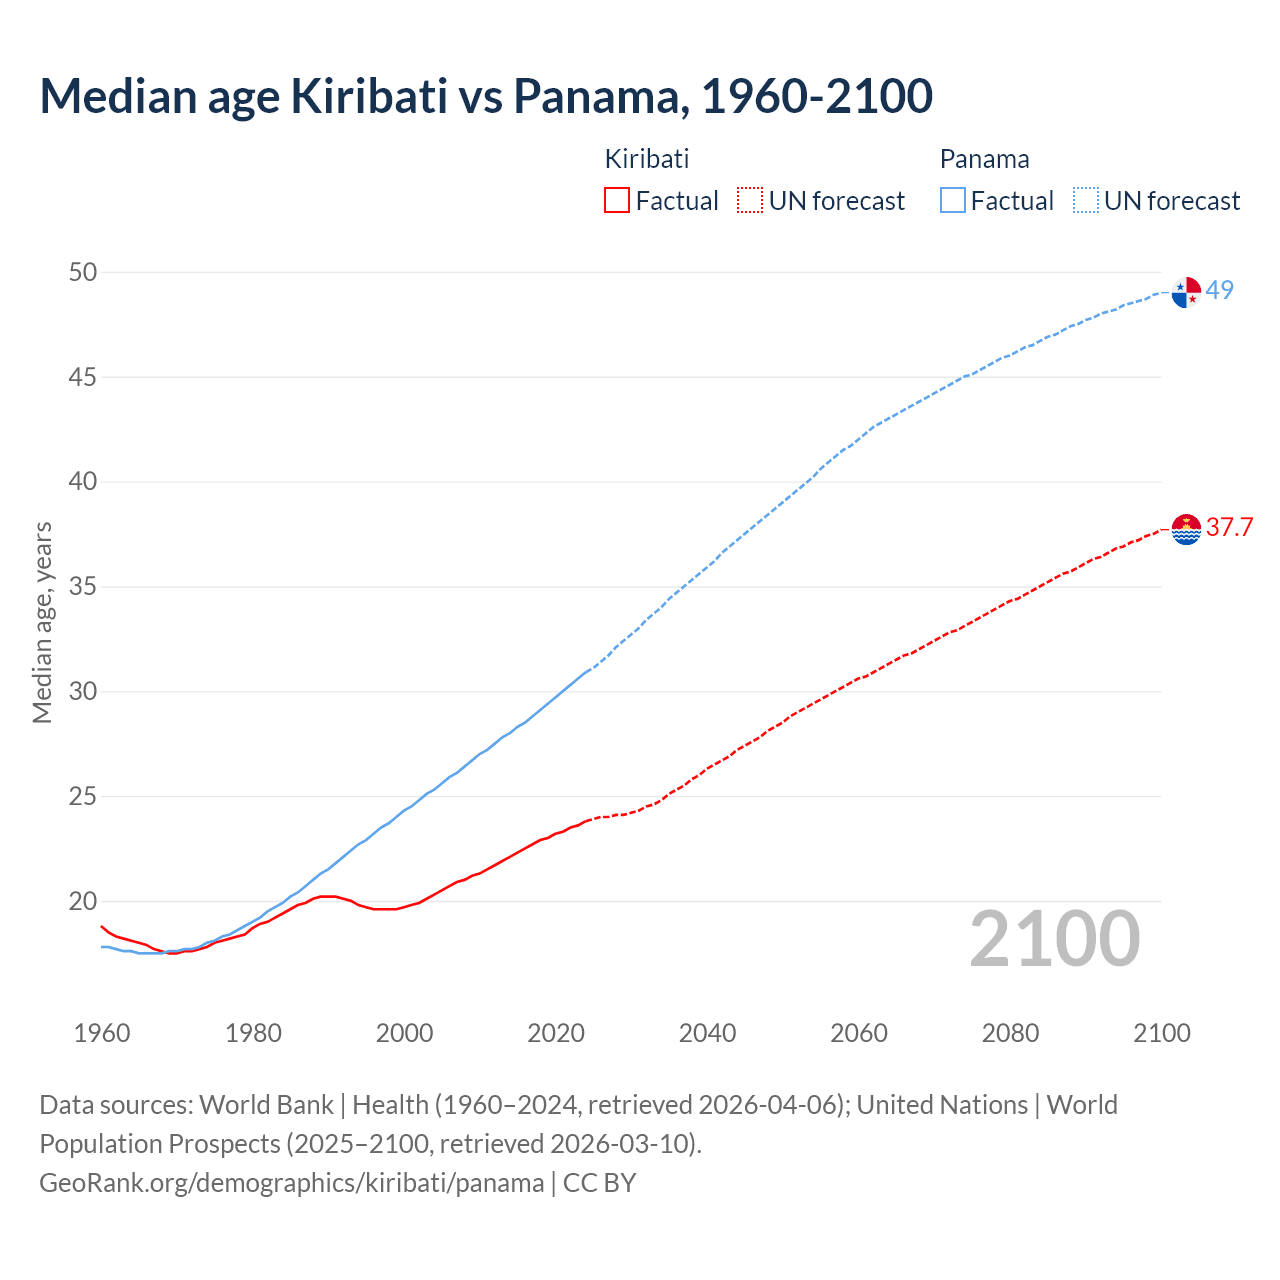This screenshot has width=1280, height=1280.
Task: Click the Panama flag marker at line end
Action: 1186,292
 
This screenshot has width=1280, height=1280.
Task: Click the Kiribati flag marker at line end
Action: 1186,529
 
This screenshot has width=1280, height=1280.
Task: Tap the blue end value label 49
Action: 1220,290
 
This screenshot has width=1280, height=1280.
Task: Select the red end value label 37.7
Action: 1229,527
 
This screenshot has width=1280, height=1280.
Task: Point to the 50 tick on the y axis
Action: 83,273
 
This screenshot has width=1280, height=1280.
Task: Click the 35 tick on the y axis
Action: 83,587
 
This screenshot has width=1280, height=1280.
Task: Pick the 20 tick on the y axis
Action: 83,901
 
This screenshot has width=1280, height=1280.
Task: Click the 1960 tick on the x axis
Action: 102,1033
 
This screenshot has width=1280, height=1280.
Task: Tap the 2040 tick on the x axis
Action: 707,1033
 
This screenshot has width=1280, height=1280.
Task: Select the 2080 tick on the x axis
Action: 1010,1033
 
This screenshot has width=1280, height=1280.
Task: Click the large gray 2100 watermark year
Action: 1054,939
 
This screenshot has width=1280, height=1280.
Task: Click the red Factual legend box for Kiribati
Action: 617,201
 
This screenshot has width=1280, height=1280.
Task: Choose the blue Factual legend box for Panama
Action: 952,201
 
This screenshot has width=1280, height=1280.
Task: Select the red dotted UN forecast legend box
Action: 750,201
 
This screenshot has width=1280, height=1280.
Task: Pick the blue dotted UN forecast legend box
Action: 1085,201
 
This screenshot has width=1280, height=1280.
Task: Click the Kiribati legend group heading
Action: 647,159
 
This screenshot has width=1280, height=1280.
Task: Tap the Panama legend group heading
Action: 984,159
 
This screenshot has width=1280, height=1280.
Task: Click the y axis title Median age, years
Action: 42,622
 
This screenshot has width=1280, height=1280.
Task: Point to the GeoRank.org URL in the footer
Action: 291,1183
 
